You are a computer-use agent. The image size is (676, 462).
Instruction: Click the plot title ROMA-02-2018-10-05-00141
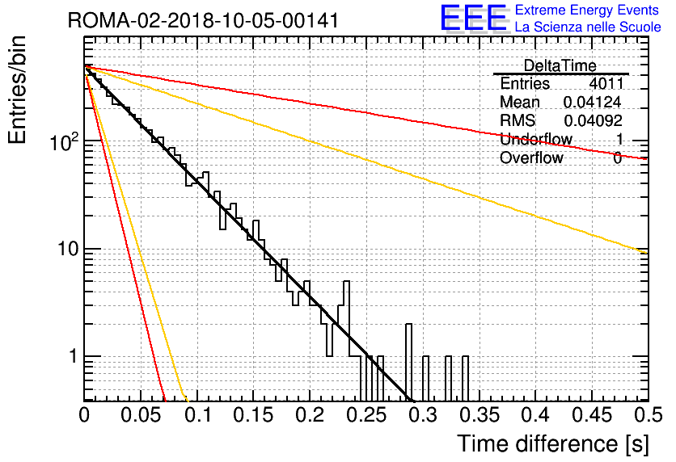(203, 20)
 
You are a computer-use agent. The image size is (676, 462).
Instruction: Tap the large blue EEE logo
(473, 18)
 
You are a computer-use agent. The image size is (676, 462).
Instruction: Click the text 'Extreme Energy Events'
(587, 10)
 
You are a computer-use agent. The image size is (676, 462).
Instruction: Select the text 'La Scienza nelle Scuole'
(588, 27)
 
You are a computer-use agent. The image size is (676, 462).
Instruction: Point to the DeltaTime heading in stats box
(560, 65)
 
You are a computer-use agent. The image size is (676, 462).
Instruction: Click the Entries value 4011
(606, 83)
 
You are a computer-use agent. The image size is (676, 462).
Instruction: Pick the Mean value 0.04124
(593, 102)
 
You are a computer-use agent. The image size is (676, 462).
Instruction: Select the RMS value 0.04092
(594, 120)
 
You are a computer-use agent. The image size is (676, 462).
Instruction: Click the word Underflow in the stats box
(536, 139)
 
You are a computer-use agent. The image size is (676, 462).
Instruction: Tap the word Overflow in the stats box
(531, 157)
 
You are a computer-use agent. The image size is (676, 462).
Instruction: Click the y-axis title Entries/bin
(17, 90)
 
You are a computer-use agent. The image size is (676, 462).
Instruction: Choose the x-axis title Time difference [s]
(553, 444)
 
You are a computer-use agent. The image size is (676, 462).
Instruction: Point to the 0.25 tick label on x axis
(366, 415)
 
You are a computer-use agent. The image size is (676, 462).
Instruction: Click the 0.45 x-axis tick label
(592, 415)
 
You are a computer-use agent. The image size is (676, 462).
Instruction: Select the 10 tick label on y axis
(69, 249)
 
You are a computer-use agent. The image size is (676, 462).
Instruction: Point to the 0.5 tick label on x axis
(648, 415)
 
